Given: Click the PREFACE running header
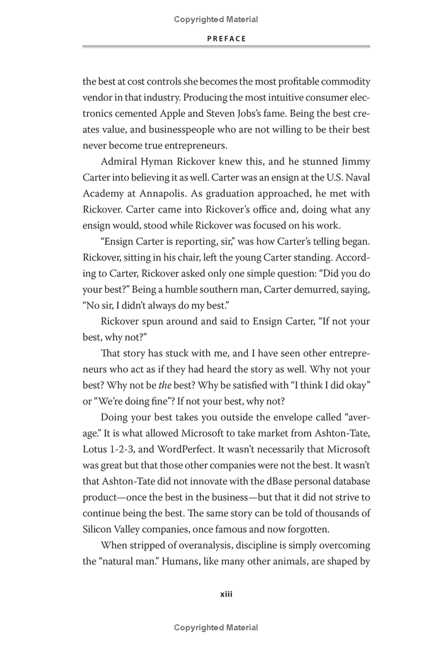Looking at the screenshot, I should point(226,38).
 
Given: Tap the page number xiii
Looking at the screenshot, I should point(226,594).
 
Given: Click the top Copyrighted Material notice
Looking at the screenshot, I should point(216,20).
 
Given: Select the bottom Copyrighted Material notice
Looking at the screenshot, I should point(216,627).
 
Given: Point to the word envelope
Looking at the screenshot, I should point(284,418).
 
